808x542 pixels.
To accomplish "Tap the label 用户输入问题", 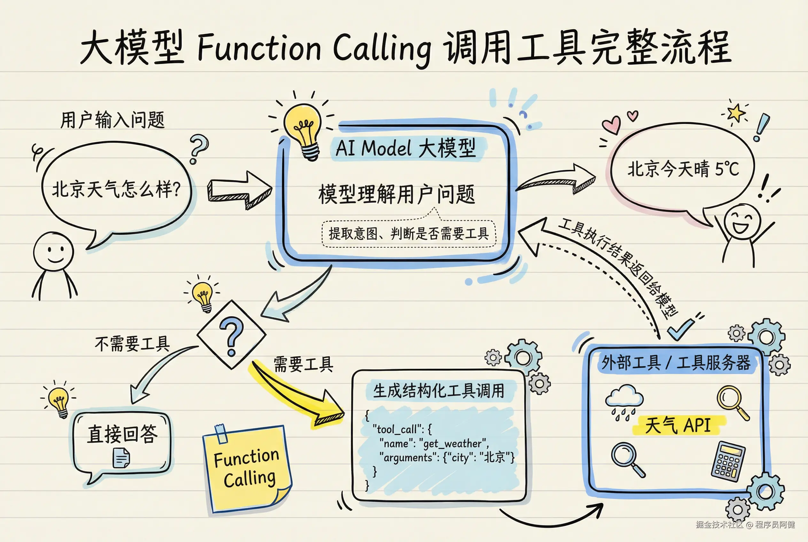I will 113,120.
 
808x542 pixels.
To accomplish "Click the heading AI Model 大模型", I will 406,148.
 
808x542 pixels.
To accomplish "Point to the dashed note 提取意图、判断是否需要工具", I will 409,234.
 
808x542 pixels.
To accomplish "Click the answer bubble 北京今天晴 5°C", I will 683,169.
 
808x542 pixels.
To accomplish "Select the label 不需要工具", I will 132,344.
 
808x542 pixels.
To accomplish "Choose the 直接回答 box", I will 122,442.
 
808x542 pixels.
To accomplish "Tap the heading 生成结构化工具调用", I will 439,391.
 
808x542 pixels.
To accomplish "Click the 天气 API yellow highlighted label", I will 678,425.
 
